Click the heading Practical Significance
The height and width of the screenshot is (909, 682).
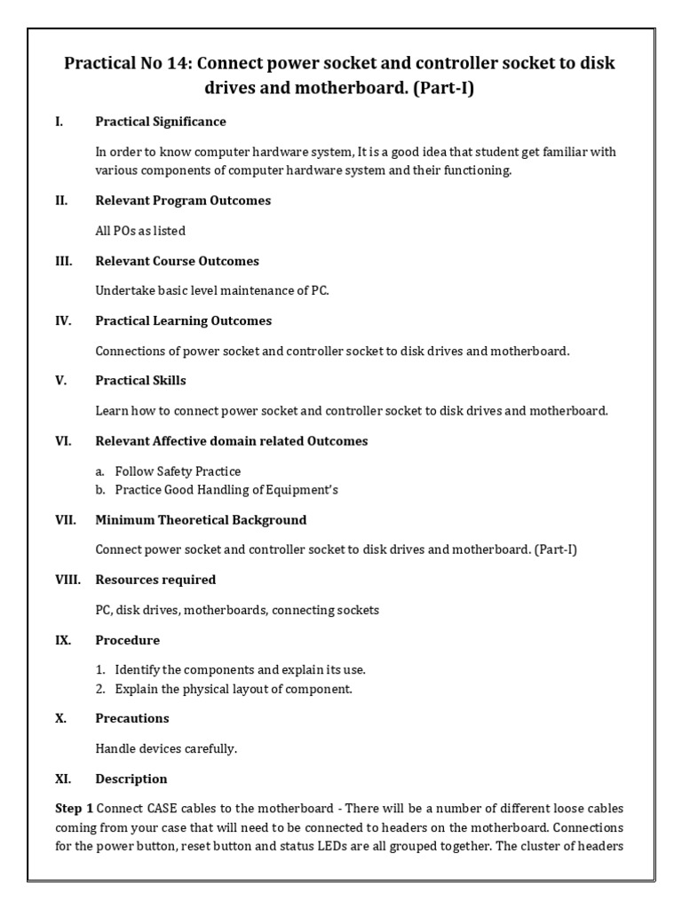pos(161,122)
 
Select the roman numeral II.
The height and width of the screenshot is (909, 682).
pos(61,201)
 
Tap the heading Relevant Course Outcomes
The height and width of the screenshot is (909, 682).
pos(178,261)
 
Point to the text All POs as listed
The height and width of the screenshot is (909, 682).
pos(140,231)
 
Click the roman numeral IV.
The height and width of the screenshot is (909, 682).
pos(62,320)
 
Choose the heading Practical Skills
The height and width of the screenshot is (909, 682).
pos(140,381)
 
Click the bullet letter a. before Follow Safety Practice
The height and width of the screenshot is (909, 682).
pos(101,471)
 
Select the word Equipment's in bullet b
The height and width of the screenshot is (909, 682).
pos(305,490)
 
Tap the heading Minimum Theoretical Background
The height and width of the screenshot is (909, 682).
pos(201,520)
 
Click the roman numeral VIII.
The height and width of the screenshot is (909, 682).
pos(67,580)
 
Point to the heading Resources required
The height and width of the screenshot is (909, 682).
pos(155,580)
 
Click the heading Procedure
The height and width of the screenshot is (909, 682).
pos(128,640)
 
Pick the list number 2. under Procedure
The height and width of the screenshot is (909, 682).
pos(101,689)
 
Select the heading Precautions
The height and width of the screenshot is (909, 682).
pos(132,718)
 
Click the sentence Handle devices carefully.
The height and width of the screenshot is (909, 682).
pos(166,748)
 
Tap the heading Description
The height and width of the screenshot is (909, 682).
pos(131,779)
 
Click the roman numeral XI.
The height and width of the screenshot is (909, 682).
pos(62,779)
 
